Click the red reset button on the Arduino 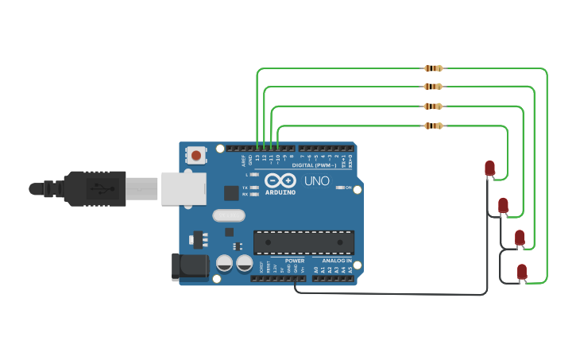click(x=196, y=155)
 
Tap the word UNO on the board click(x=317, y=181)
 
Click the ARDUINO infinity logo click(x=280, y=180)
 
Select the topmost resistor click(x=433, y=68)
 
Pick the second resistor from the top click(x=433, y=86)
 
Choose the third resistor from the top click(x=433, y=106)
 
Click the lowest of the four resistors click(x=433, y=126)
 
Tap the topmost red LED click(x=489, y=168)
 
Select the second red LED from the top click(x=503, y=205)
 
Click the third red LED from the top click(x=520, y=237)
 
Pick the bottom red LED click(x=522, y=271)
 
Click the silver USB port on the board click(x=184, y=188)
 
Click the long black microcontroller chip click(x=303, y=242)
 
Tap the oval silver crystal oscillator click(x=229, y=215)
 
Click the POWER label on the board click(x=295, y=261)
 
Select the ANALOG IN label click(x=337, y=261)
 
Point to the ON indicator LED click(x=342, y=187)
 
